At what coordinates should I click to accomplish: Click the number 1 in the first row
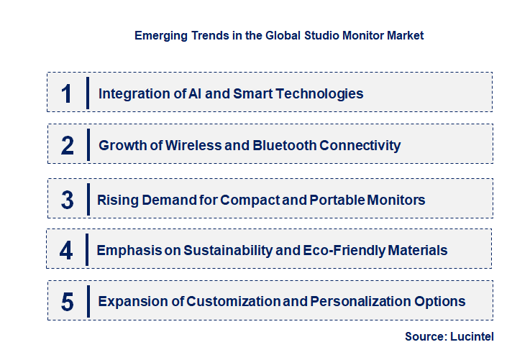click(x=67, y=93)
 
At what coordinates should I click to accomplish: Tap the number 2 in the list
click(x=68, y=146)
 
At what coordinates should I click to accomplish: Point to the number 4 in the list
click(x=66, y=251)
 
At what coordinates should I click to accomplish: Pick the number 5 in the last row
click(x=67, y=302)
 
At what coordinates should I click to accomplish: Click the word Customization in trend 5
click(x=228, y=302)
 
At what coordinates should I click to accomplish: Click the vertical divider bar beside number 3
click(x=88, y=198)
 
